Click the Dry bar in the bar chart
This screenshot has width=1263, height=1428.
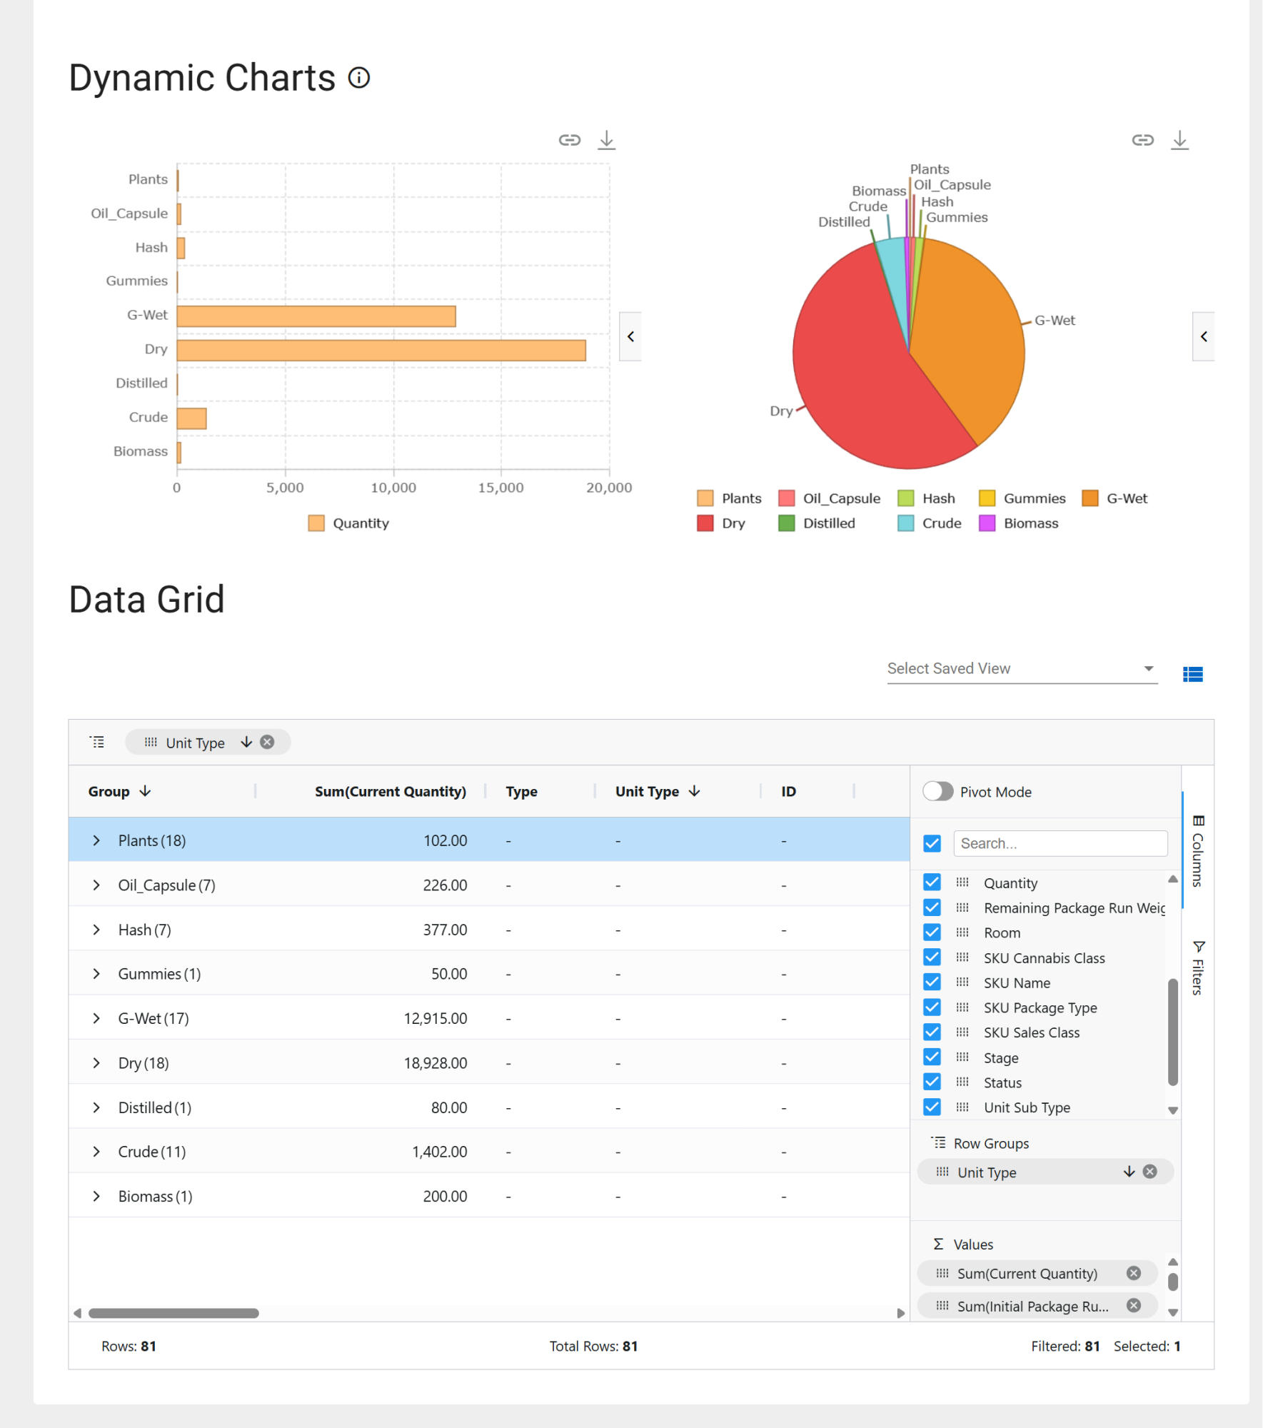pyautogui.click(x=381, y=351)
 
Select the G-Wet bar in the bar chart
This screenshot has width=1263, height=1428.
pyautogui.click(x=316, y=316)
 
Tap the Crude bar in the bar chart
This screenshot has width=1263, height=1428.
pyautogui.click(x=191, y=418)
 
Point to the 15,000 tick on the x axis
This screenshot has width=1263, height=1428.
pyautogui.click(x=500, y=488)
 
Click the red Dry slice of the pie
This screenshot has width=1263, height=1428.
pyautogui.click(x=871, y=378)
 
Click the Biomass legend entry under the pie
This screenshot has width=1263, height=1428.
pyautogui.click(x=1019, y=523)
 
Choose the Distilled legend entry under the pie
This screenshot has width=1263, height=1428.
pyautogui.click(x=817, y=523)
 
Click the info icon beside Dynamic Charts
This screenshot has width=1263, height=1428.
pyautogui.click(x=359, y=78)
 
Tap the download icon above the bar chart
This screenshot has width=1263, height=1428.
pyautogui.click(x=607, y=139)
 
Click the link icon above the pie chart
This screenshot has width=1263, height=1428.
pyautogui.click(x=1143, y=140)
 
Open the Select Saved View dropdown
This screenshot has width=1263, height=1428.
pyautogui.click(x=1022, y=669)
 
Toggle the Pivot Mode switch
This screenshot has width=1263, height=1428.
pyautogui.click(x=938, y=791)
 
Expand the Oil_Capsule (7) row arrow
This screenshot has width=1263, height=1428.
pyautogui.click(x=96, y=885)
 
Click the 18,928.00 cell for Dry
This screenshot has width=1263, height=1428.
pyautogui.click(x=436, y=1063)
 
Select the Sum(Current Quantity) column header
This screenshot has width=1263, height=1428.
pyautogui.click(x=391, y=792)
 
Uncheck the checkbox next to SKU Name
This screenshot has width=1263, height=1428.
pyautogui.click(x=932, y=982)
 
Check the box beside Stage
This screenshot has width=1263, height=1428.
pyautogui.click(x=932, y=1057)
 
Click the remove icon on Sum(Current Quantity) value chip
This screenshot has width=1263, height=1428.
pyautogui.click(x=1134, y=1273)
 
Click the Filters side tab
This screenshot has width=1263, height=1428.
pyautogui.click(x=1198, y=968)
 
